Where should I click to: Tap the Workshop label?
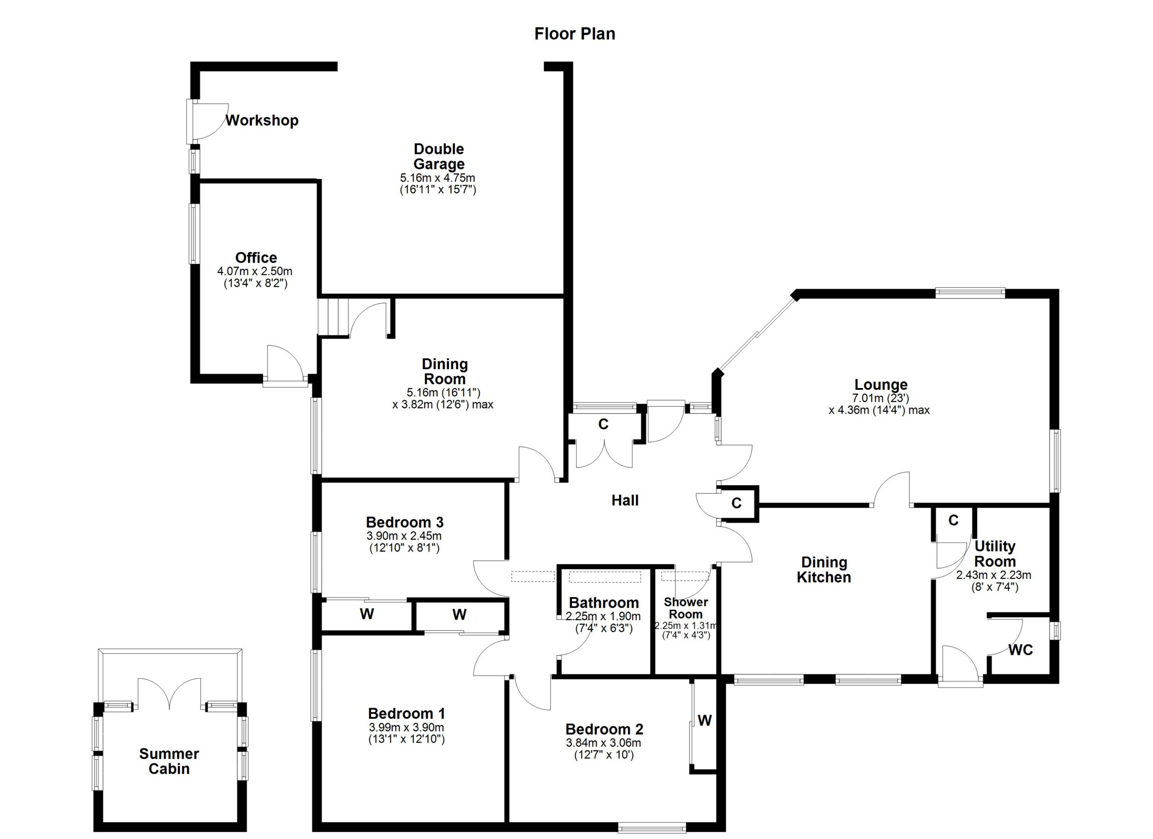262,120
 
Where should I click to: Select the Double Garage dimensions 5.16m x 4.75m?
438,178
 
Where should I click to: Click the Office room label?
256,257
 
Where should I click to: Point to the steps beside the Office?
333,316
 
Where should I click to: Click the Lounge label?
881,384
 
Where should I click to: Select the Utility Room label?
995,554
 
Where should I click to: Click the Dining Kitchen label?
824,570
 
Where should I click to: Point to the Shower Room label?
686,608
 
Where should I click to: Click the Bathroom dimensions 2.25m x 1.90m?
604,617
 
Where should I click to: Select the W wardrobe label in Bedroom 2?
704,720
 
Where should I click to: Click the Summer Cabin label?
169,761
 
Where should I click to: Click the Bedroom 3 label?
404,522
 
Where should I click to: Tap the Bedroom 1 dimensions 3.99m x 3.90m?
407,728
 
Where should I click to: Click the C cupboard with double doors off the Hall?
604,424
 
